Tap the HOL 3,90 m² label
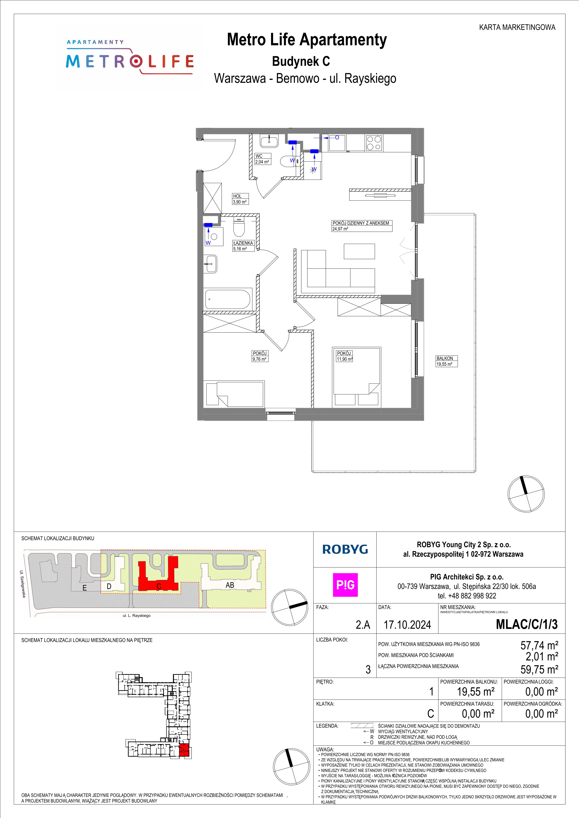click(x=240, y=199)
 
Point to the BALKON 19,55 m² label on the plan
click(x=446, y=361)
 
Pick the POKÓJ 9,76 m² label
click(x=260, y=356)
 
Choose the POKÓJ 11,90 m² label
click(x=344, y=356)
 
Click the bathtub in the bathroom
click(x=228, y=299)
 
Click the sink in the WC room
click(x=269, y=141)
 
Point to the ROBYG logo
click(x=345, y=549)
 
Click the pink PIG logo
click(x=345, y=585)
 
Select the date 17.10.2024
click(x=407, y=625)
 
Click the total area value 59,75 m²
click(x=539, y=669)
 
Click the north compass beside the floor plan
click(x=526, y=494)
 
